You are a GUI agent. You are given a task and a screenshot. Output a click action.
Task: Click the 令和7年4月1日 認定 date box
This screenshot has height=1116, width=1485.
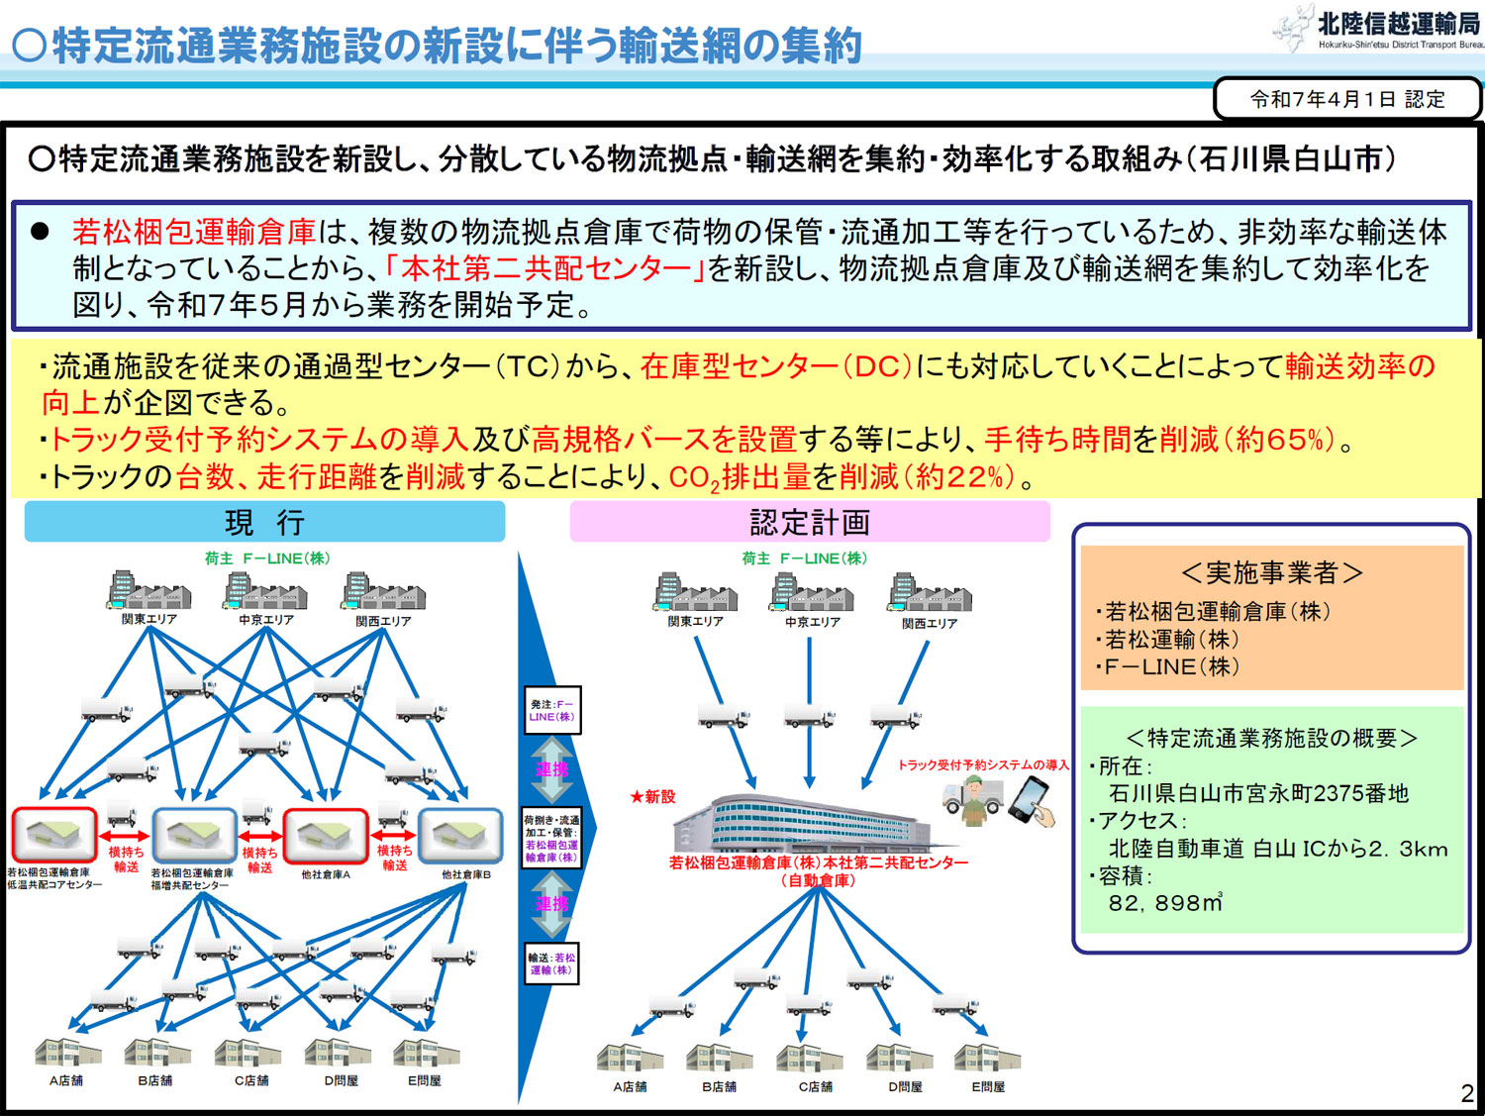point(1346,99)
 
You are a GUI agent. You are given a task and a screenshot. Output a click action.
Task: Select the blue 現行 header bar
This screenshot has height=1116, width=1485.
point(264,522)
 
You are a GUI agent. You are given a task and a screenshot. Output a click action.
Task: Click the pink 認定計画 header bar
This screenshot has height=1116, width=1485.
point(809,522)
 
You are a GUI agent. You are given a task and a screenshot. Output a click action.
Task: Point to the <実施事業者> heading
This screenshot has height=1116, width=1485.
point(1271,572)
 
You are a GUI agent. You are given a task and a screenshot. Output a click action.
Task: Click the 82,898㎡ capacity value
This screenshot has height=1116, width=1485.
point(1165,903)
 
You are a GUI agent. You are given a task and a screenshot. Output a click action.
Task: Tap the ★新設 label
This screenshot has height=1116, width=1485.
point(652,796)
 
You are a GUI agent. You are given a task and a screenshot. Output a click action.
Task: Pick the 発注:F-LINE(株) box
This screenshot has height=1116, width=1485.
point(551,710)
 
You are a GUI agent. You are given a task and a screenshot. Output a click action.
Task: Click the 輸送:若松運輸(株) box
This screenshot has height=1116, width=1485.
point(551,964)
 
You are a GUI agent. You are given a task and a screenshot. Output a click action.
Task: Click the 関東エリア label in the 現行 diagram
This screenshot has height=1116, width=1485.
point(149,620)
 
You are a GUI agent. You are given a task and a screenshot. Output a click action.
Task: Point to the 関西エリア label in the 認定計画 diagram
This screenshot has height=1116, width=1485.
point(929,624)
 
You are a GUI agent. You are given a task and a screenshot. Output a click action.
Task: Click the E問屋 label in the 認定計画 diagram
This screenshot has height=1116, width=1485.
point(987,1086)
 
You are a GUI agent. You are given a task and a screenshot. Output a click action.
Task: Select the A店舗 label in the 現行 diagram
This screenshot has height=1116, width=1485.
point(66,1080)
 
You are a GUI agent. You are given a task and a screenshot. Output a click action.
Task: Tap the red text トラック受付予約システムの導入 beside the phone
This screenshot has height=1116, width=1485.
point(982,764)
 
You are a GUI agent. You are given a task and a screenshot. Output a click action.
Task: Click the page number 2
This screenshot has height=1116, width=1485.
point(1466,1093)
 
